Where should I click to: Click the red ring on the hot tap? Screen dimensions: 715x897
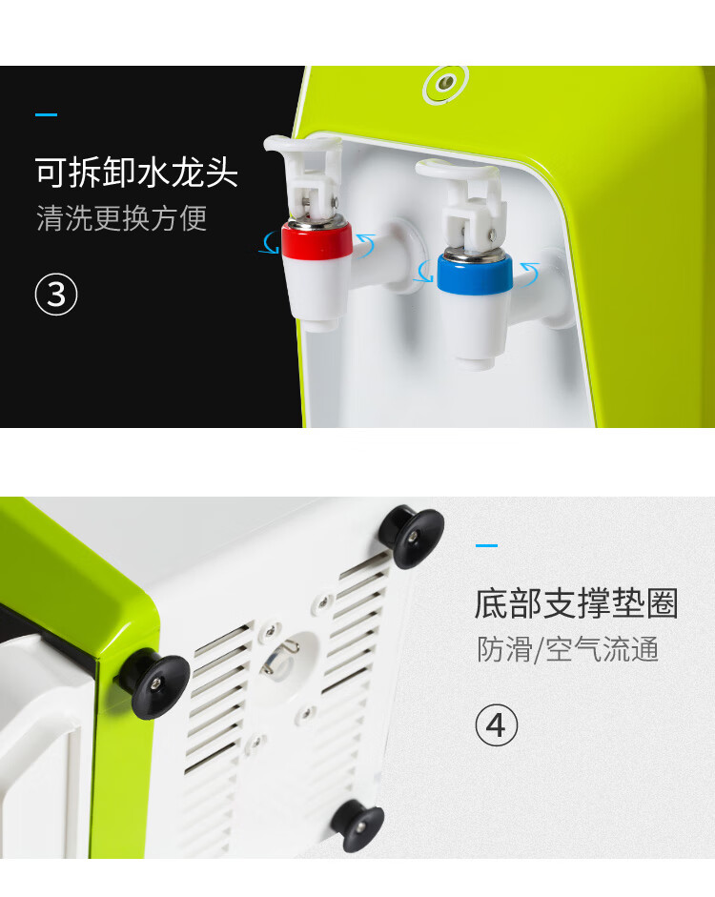pos(317,239)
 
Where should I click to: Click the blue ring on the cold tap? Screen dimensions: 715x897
pos(474,274)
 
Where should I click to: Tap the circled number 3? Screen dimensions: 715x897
pos(56,295)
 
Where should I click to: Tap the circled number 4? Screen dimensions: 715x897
pos(497,725)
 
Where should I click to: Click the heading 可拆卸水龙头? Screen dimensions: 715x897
pos(136,173)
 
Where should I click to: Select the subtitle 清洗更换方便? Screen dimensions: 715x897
pos(121,218)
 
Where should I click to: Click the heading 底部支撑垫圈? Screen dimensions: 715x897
pos(577,603)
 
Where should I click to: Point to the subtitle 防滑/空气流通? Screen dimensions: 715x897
pos(568,649)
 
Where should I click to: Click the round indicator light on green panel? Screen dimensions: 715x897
pos(445,84)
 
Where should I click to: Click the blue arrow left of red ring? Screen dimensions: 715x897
pos(268,242)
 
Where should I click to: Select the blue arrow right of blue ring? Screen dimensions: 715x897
pos(528,273)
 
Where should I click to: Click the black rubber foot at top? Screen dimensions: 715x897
pos(413,536)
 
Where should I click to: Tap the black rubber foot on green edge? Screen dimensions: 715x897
pos(155,684)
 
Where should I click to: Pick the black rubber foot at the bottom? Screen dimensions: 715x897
pos(358,826)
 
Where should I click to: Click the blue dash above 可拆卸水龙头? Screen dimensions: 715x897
pos(47,115)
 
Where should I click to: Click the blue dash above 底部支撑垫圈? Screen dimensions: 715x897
pos(486,546)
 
